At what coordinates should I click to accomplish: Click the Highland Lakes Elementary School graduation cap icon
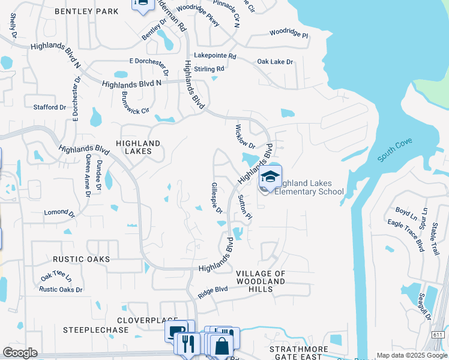[270, 177]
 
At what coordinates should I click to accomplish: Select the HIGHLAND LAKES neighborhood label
[138, 148]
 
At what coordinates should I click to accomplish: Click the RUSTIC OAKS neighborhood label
[81, 259]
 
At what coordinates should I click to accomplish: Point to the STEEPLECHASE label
[96, 330]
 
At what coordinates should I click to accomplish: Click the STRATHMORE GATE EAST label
[298, 353]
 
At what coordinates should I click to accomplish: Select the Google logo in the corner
[20, 353]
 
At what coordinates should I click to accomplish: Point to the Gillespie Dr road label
[217, 199]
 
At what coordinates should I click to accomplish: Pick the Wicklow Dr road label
[245, 137]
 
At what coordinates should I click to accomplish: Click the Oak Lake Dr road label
[275, 62]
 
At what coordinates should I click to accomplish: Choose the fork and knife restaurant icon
[188, 344]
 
